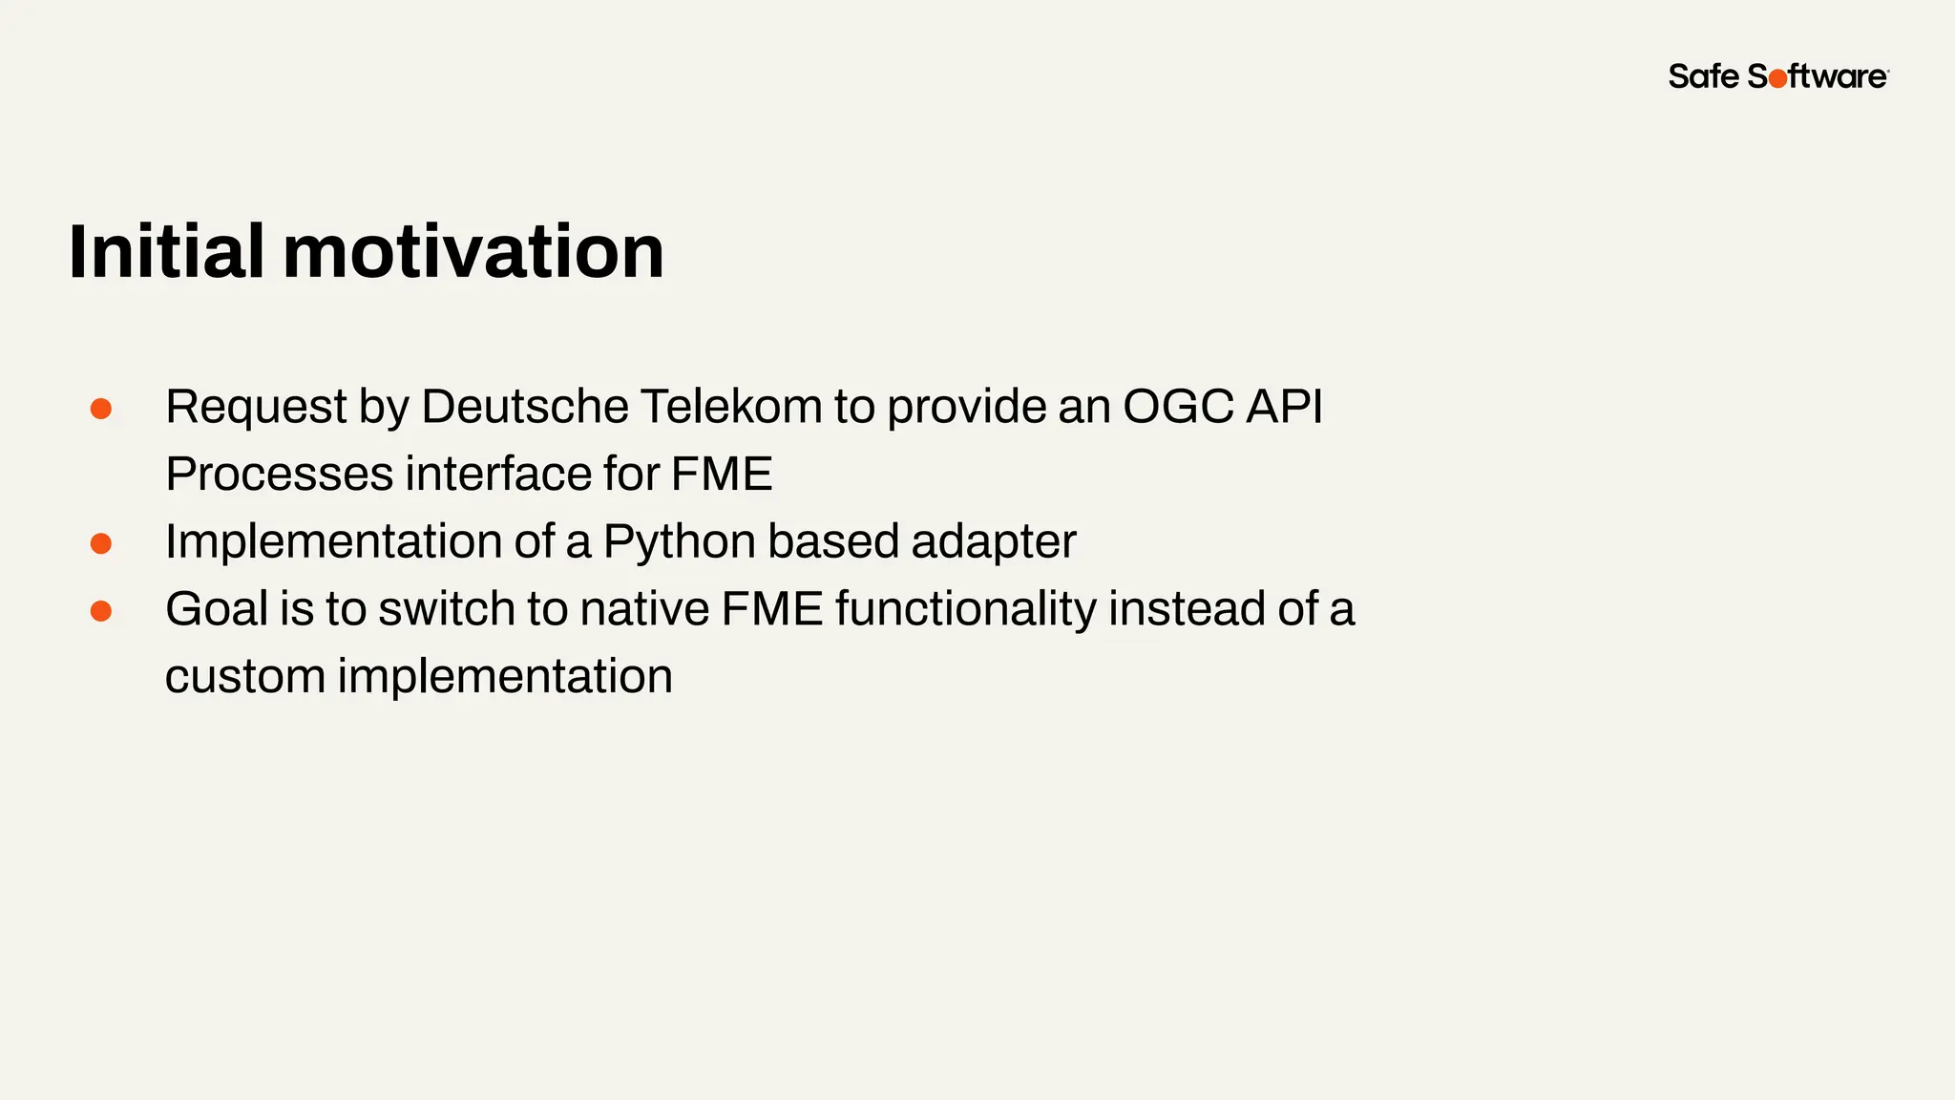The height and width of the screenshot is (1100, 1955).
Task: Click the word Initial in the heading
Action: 166,251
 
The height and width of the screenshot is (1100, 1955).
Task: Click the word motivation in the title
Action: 473,251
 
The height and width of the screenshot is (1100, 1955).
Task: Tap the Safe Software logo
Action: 1777,76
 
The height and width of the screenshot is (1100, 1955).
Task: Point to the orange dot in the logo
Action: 1777,79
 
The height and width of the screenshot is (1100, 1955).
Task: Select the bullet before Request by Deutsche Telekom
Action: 101,409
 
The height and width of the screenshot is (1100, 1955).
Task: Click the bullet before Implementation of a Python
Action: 101,543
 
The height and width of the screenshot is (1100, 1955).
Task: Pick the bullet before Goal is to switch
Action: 101,610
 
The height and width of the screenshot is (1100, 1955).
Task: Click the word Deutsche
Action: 524,407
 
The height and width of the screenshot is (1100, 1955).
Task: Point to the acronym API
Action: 1285,407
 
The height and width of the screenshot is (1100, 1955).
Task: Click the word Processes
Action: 279,475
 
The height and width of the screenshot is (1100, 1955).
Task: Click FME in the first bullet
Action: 722,475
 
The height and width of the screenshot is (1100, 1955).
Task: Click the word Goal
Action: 217,609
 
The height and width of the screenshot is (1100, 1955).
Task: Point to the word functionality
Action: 966,609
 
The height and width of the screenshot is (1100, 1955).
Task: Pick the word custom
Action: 244,677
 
